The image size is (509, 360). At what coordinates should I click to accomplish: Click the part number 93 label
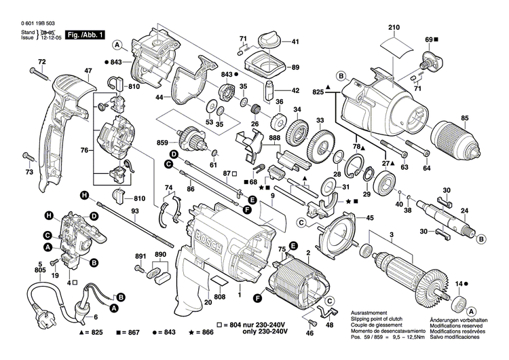135,211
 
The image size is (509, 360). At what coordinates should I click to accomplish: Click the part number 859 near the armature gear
163,143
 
